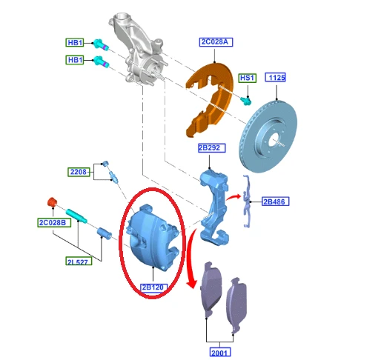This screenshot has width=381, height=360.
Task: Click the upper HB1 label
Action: tap(75, 42)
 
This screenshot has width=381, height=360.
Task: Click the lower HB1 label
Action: tap(75, 60)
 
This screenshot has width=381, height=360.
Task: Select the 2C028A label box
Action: tap(216, 42)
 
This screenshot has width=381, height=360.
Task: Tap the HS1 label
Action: tap(248, 78)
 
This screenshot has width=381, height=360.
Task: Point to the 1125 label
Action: tap(276, 77)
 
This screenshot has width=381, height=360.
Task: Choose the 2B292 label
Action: tap(212, 148)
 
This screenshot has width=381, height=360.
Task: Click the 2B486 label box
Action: tap(275, 201)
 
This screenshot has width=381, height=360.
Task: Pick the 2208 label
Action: tap(79, 172)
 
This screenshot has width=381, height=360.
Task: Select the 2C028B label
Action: tap(54, 222)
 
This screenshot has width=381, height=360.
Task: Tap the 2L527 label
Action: tap(79, 261)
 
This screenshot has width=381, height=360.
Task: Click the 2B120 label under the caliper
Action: tap(153, 287)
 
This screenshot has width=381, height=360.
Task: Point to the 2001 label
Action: tap(220, 352)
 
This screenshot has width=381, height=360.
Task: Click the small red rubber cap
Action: tap(52, 202)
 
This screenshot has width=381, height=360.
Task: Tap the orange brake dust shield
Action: tap(210, 99)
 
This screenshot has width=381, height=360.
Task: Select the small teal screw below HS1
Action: tap(246, 101)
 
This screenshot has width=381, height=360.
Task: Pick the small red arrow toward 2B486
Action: tap(233, 197)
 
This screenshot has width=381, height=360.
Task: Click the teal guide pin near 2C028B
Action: tap(76, 216)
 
